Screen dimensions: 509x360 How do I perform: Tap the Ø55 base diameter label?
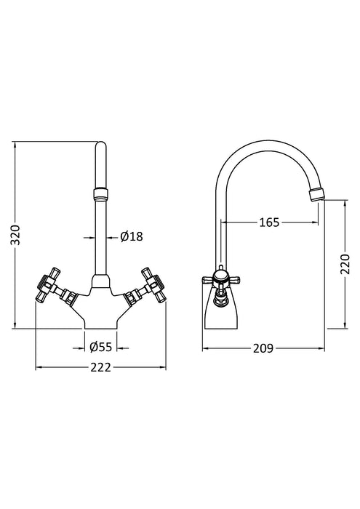pyautogui.click(x=102, y=346)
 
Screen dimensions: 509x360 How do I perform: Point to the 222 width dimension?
pyautogui.click(x=101, y=367)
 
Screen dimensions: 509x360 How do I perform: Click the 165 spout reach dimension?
pyautogui.click(x=269, y=223)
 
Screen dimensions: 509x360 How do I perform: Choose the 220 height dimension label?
pyautogui.click(x=345, y=265)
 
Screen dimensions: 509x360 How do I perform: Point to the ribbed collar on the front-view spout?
pyautogui.click(x=101, y=194)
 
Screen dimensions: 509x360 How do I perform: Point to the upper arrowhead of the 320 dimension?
pyautogui.click(x=15, y=144)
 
